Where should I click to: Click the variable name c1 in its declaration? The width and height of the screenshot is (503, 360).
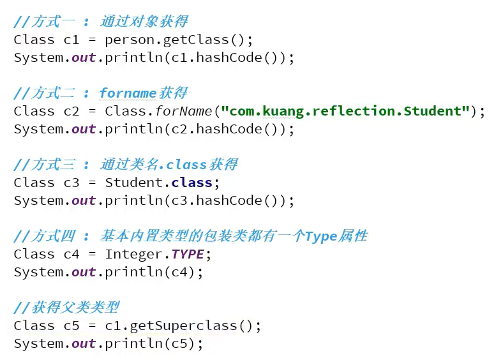click(71, 40)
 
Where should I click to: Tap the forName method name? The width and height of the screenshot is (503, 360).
click(183, 111)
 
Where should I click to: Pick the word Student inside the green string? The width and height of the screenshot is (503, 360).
click(432, 111)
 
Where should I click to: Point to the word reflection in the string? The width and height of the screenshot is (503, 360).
click(353, 111)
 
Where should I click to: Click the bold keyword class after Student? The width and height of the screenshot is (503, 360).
click(192, 183)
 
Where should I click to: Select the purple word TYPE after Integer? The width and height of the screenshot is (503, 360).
click(188, 254)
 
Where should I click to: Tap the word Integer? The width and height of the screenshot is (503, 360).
click(134, 255)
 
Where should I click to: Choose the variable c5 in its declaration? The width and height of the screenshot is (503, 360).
click(71, 326)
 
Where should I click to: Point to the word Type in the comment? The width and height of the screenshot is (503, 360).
click(321, 237)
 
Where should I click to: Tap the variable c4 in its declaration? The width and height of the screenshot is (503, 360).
click(71, 254)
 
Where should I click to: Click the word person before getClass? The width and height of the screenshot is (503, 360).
click(130, 40)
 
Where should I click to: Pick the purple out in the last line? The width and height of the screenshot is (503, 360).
click(84, 343)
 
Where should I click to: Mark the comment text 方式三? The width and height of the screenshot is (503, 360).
click(54, 165)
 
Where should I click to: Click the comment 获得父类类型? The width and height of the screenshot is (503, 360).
click(76, 308)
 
